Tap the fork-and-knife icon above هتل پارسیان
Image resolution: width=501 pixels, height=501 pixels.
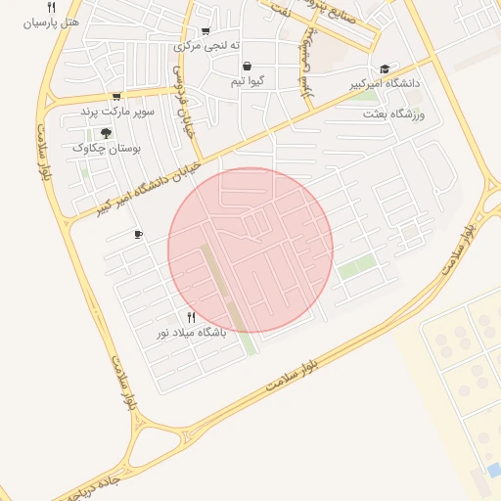pos(65,6)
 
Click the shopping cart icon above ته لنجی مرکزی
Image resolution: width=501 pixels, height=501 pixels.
pos(205,31)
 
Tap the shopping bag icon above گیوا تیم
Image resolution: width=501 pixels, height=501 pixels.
pos(246,66)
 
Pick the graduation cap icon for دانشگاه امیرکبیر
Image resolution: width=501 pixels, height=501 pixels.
pos(385,68)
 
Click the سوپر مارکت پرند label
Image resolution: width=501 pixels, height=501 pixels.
pos(118,112)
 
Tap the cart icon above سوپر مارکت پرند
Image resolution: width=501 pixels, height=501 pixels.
pos(116,97)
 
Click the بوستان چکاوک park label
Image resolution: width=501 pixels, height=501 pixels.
pos(108,148)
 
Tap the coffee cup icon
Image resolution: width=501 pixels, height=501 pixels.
pos(138,235)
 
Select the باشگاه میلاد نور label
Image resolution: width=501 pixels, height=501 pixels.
pos(192,333)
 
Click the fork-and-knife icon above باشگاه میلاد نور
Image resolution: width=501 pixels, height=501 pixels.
pos(191,317)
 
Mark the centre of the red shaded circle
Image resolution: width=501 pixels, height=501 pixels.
pos(250,250)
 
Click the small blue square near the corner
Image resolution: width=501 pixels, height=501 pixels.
pos(492,471)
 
